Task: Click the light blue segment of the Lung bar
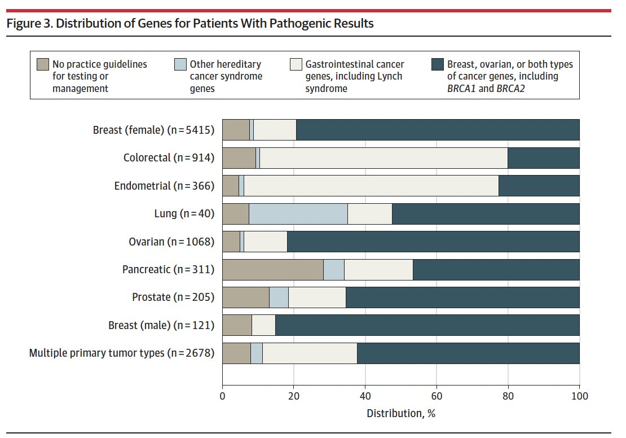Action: [x=298, y=214]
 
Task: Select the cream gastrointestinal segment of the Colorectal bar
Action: [x=383, y=158]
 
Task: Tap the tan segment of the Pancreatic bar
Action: [x=273, y=270]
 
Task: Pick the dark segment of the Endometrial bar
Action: [x=539, y=186]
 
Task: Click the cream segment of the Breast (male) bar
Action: [x=263, y=326]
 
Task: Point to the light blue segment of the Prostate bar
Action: [x=279, y=297]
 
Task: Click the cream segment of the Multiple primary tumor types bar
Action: [x=310, y=353]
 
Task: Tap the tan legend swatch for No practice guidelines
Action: [x=42, y=64]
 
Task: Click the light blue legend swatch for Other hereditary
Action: [x=180, y=64]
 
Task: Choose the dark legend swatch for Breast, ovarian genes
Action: [x=437, y=64]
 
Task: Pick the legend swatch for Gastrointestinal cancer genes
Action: [x=295, y=64]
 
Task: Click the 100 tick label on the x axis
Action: [x=579, y=396]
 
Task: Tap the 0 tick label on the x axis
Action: [x=223, y=396]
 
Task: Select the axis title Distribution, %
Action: [x=401, y=413]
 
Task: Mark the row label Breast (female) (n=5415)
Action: [x=153, y=130]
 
